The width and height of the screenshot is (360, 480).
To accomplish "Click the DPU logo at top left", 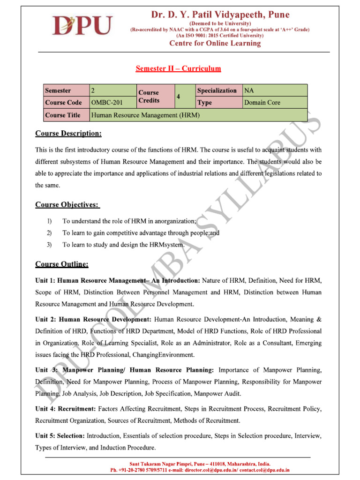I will [82, 26].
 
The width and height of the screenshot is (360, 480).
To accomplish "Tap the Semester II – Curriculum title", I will [178, 69].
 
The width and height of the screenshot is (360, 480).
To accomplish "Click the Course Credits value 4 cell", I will [179, 97].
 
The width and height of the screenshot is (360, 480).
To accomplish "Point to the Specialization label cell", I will [217, 90].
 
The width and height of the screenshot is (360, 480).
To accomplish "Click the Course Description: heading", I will [68, 134].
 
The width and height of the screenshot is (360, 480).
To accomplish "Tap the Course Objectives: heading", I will [67, 205].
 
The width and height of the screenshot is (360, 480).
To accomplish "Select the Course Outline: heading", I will [62, 264].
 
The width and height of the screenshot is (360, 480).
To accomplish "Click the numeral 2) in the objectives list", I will [49, 232].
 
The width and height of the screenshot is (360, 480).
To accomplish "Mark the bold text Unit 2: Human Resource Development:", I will [93, 319].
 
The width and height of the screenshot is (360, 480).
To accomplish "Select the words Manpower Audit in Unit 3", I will [208, 394].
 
